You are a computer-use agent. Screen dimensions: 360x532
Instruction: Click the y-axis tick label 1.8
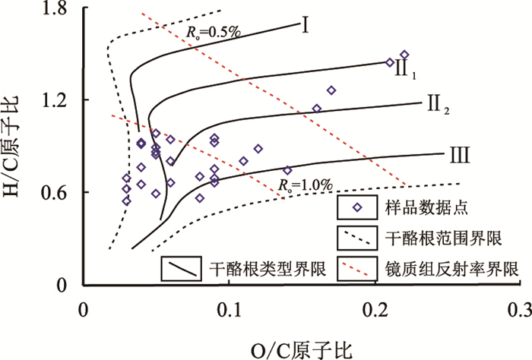coord(54,8)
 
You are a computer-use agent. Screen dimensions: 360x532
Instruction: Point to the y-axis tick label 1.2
coord(54,100)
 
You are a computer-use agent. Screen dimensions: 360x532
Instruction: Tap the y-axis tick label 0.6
coord(54,193)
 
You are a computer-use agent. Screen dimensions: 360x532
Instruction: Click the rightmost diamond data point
coord(404,55)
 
